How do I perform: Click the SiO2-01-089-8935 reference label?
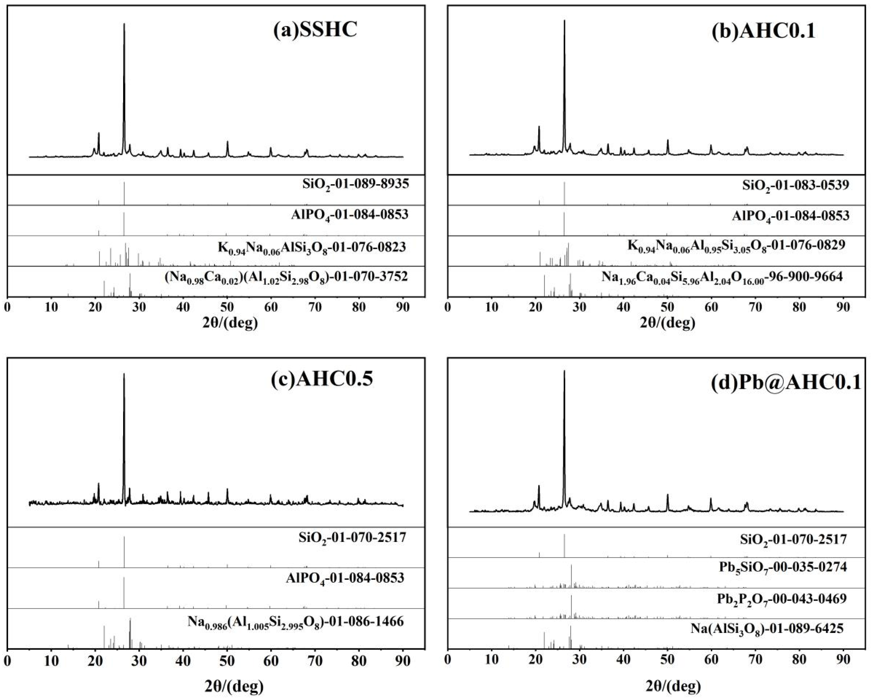click(355, 185)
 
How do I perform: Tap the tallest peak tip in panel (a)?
click(124, 24)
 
